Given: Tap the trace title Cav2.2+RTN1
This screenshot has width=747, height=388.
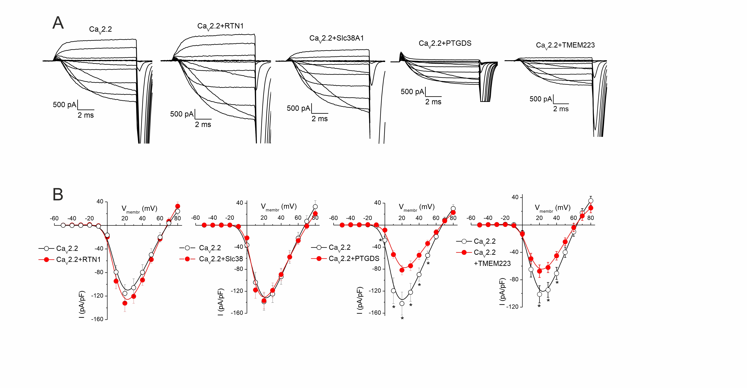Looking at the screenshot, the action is pyautogui.click(x=220, y=26).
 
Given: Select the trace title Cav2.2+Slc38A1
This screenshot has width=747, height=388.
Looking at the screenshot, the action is pyautogui.click(x=336, y=39).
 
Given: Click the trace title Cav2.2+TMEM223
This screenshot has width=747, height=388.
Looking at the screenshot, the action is pyautogui.click(x=565, y=45).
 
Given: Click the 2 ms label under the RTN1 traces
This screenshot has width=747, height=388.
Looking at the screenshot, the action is pyautogui.click(x=203, y=125).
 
